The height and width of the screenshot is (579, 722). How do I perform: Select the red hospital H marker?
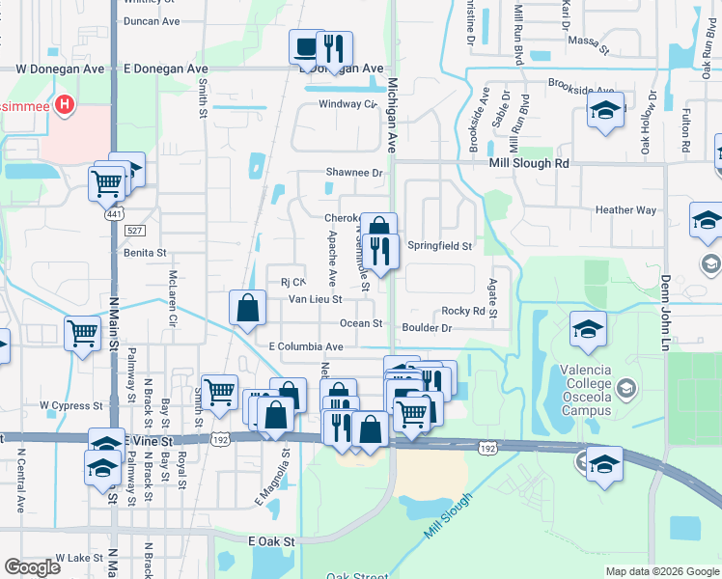coord(65,104)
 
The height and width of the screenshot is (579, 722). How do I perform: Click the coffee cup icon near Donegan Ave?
coord(306,46)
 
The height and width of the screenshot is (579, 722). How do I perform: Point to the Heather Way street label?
coord(625,210)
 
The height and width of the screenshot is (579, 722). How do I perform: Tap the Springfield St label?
coord(439,246)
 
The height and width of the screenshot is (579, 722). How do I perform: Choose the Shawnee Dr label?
coord(354,173)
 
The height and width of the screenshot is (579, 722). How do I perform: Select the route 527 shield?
coord(135,230)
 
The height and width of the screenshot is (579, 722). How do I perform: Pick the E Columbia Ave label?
coord(306,346)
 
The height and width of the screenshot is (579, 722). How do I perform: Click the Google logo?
coord(32,567)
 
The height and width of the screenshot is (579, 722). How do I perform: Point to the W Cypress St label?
coord(70,406)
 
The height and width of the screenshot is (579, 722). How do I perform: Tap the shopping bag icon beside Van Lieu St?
coord(248,308)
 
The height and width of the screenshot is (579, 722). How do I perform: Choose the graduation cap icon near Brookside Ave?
coord(605,111)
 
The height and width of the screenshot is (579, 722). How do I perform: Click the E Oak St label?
coord(271,542)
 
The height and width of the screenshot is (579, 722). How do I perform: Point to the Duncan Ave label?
coord(153,21)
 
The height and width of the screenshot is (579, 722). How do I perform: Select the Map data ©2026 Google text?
coord(662,571)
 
